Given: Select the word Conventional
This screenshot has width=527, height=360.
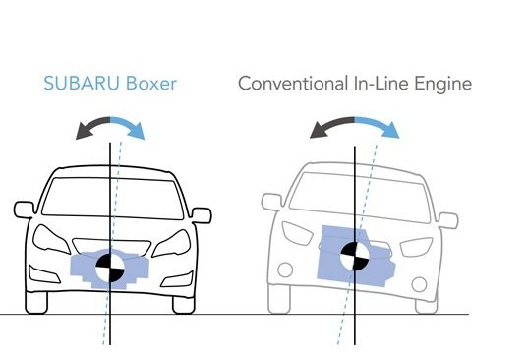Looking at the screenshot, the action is (x=293, y=84).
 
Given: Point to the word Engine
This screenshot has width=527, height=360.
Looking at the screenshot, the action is (x=442, y=85).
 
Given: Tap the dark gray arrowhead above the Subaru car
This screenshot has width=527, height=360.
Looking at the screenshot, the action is (x=84, y=131).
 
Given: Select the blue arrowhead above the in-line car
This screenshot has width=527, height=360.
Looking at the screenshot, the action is (x=391, y=130).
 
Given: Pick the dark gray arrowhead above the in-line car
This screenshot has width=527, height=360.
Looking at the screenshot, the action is (x=319, y=130).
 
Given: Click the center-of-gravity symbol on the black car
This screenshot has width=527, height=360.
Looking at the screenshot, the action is (x=110, y=268).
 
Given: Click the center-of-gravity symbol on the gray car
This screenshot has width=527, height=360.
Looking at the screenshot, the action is (x=355, y=256).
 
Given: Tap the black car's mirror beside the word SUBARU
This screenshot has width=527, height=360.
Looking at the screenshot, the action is (x=24, y=210).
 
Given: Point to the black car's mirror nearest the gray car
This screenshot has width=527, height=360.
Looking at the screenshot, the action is (x=202, y=215).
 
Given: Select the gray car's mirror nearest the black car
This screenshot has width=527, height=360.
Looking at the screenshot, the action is (x=271, y=202).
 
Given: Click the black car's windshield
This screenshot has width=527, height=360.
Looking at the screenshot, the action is (x=113, y=199).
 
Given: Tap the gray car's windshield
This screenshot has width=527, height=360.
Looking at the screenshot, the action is (x=360, y=198).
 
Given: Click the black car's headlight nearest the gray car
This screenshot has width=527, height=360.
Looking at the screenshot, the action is (x=172, y=243).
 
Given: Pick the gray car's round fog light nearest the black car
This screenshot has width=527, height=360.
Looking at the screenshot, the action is (x=285, y=270).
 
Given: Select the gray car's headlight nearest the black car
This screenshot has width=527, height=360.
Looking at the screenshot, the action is (x=298, y=233).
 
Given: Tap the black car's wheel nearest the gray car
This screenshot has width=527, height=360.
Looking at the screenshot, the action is (x=184, y=305).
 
